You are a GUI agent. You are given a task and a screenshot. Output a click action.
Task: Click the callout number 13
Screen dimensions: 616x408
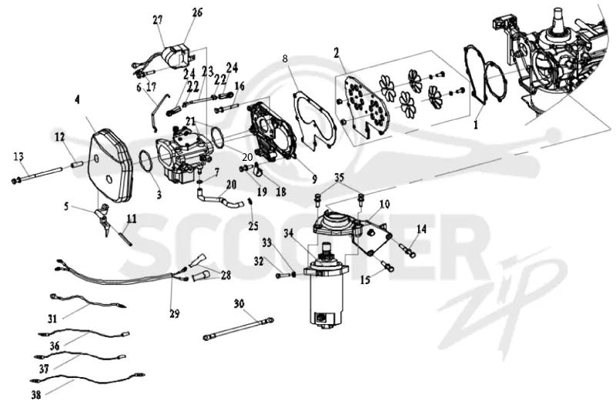click(18, 157)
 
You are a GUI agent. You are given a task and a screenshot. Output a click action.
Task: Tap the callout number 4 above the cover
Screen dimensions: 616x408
click(78, 100)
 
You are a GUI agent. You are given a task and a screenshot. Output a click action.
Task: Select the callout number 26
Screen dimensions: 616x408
click(198, 12)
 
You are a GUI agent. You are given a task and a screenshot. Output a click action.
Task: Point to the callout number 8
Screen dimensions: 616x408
click(285, 59)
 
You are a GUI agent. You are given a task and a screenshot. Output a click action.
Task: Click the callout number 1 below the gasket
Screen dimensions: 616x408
click(476, 125)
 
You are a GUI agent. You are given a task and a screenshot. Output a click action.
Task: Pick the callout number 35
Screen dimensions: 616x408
click(340, 178)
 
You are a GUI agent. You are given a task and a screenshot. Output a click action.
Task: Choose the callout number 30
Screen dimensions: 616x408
click(239, 304)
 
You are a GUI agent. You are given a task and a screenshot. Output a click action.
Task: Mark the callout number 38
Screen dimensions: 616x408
click(36, 395)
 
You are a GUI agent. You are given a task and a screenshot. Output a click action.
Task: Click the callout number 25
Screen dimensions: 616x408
click(253, 226)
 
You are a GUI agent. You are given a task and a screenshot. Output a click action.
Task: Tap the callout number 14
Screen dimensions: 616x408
click(421, 229)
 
